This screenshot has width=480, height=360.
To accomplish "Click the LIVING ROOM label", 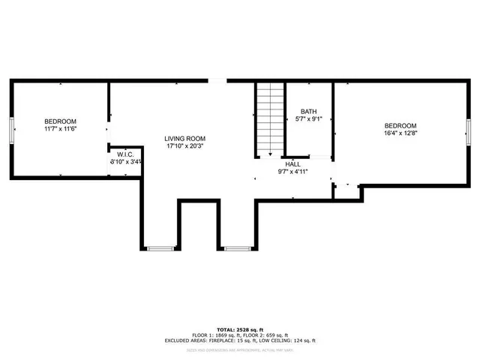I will click(185, 139).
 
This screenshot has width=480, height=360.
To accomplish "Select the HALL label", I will click(292, 163).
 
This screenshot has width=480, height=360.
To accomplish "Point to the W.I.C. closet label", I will click(124, 154).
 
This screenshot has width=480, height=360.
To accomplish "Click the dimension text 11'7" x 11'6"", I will click(60, 129).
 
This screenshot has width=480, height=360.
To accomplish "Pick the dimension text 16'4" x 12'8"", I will click(400, 133).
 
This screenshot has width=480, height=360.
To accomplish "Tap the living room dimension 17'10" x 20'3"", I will click(185, 147).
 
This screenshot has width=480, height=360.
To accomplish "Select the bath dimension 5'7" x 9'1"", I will click(308, 118).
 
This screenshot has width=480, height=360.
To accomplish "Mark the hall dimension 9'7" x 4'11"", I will click(293, 172).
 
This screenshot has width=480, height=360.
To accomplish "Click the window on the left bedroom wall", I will click(11, 129).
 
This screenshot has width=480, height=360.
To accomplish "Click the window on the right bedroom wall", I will click(468, 129).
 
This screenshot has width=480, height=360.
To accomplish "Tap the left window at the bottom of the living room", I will click(160, 248).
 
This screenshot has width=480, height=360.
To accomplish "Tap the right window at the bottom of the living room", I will click(237, 248).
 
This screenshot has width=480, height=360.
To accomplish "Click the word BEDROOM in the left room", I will click(60, 121).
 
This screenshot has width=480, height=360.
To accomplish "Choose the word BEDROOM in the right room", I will click(400, 126).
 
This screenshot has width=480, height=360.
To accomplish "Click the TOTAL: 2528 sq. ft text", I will click(240, 329).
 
